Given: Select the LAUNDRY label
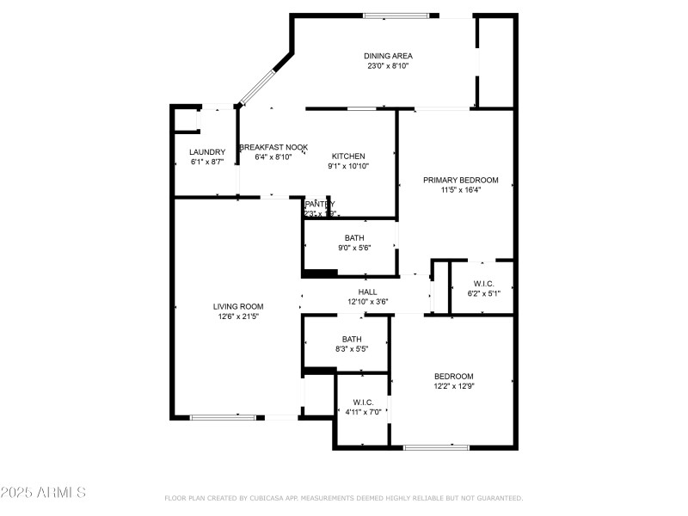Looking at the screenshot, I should (x=206, y=152).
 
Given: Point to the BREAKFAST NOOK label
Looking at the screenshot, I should (x=273, y=147).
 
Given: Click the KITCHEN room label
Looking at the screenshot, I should (x=348, y=157).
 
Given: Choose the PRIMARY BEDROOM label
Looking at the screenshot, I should (x=460, y=180).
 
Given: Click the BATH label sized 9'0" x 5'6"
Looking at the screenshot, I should (x=354, y=238).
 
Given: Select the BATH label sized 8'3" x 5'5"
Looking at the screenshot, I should (x=351, y=339).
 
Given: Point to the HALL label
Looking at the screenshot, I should (x=368, y=292).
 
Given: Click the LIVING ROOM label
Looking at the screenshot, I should (x=238, y=306).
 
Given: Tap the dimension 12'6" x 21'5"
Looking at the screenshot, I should (x=238, y=316).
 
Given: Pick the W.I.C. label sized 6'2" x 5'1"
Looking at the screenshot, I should (x=483, y=284).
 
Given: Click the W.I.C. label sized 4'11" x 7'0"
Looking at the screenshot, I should (x=361, y=401).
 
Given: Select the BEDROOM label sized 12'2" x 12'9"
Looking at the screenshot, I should (x=453, y=376).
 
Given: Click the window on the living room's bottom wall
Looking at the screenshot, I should (x=223, y=418).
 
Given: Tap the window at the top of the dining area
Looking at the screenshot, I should (x=396, y=15).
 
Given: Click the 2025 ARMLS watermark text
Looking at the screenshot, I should (x=43, y=493).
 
